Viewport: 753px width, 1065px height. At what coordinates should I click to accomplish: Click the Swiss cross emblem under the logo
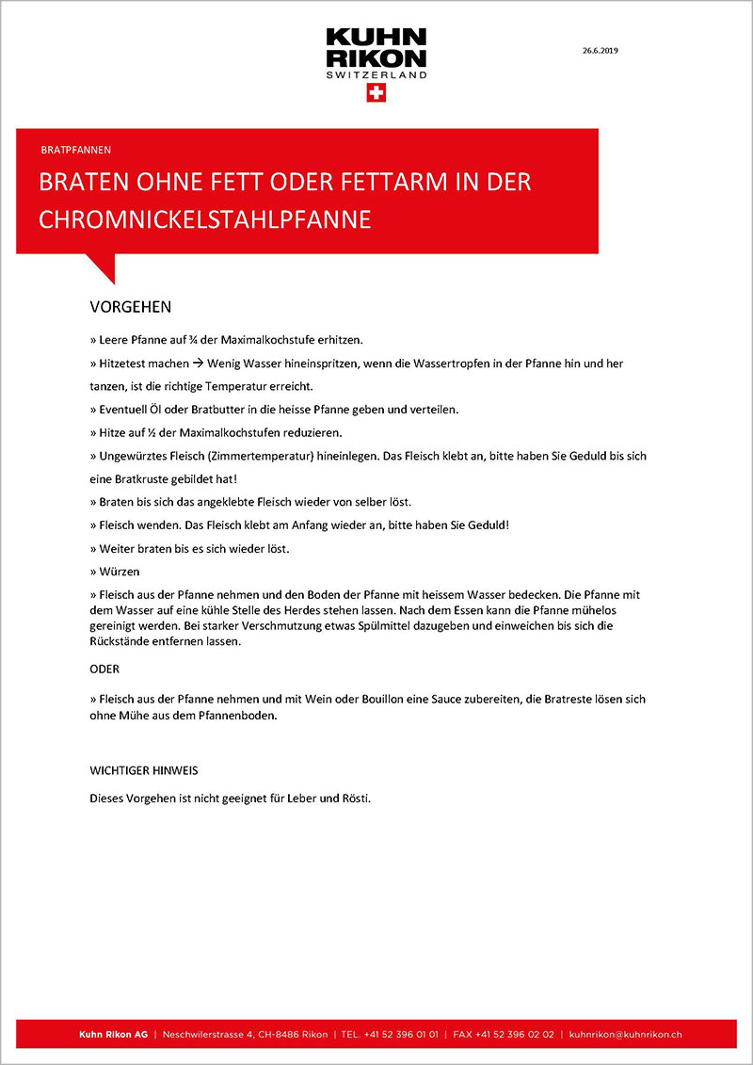click(376, 92)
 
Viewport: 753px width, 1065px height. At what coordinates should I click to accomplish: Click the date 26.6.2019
click(600, 50)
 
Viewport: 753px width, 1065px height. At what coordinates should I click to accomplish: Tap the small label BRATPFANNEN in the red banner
click(76, 150)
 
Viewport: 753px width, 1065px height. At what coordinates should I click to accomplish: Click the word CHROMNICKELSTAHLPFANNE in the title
click(205, 218)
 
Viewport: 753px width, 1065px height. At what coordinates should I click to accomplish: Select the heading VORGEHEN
click(130, 308)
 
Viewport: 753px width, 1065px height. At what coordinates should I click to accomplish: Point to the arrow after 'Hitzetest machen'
click(198, 363)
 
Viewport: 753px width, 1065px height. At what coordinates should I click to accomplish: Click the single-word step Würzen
click(118, 571)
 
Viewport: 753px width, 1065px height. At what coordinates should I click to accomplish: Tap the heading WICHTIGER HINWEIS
click(143, 770)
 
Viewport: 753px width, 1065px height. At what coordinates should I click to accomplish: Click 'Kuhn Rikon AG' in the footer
click(113, 1034)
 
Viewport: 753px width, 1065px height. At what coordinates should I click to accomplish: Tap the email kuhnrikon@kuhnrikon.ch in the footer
click(626, 1034)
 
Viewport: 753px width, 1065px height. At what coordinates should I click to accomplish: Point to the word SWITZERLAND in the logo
click(376, 74)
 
